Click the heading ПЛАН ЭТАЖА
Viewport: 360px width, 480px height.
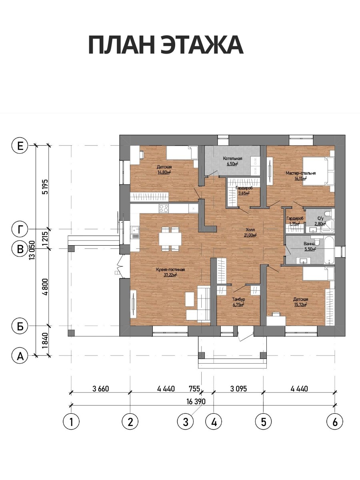(x=166, y=45)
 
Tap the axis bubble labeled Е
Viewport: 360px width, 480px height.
(x=20, y=146)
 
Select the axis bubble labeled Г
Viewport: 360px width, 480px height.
(x=20, y=229)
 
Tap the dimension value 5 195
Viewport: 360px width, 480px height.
(x=46, y=187)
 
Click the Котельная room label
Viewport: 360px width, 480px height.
(x=232, y=158)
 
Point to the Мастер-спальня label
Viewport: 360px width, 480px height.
(x=300, y=173)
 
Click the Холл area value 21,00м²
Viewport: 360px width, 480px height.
(x=250, y=235)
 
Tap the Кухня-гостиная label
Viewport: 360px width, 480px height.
(x=170, y=270)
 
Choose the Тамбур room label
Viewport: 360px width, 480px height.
(x=238, y=299)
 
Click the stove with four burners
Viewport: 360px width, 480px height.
(x=164, y=208)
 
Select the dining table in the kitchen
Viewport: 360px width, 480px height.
(x=170, y=239)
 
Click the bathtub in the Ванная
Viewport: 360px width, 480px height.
(x=329, y=250)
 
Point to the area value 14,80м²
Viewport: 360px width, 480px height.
(x=164, y=172)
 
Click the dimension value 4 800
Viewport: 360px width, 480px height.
(x=46, y=287)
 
